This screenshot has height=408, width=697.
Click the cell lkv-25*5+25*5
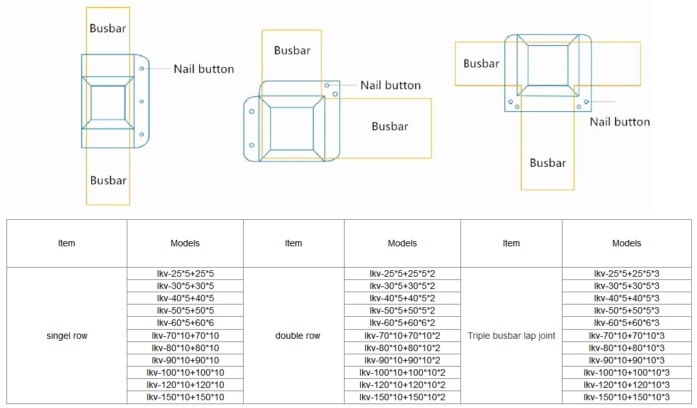[185, 274]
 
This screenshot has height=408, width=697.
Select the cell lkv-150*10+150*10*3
[627, 398]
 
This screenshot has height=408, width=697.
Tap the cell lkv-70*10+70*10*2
[402, 336]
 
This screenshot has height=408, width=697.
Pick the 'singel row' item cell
[67, 336]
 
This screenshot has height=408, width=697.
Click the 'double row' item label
[297, 336]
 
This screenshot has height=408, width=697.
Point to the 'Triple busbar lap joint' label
[511, 336]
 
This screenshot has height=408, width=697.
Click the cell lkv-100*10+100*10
[185, 372]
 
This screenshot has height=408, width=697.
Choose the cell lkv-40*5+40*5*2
[402, 298]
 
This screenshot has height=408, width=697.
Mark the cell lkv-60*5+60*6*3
[627, 323]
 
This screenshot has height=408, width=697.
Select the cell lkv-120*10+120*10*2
[402, 385]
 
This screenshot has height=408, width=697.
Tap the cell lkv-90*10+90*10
[185, 360]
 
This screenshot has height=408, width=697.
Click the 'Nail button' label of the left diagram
[204, 69]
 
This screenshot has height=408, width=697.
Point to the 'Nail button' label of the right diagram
[619, 122]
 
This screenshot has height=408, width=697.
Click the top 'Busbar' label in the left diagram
[108, 28]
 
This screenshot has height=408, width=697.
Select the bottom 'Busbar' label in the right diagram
[548, 163]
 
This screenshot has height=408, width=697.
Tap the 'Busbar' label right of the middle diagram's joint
[390, 126]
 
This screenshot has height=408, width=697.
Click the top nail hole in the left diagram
[142, 69]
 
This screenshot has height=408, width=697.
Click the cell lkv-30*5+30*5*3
[627, 286]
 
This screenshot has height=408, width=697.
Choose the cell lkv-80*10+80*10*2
[402, 348]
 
